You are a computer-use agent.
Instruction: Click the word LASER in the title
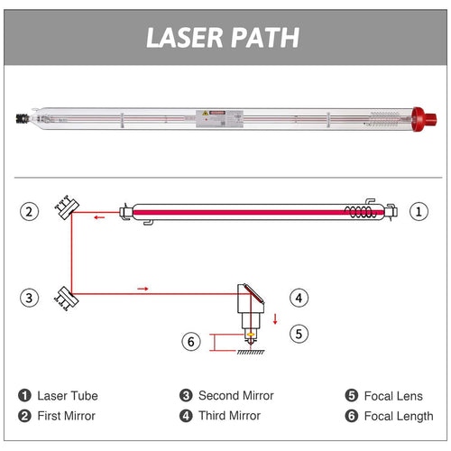tap(181, 37)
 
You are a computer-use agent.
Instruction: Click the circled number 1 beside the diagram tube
tap(418, 212)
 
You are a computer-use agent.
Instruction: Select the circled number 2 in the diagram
tap(31, 212)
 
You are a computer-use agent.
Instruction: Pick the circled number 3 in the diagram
tap(31, 296)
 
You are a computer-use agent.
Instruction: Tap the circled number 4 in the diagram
tap(299, 296)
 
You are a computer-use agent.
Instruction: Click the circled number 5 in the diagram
tap(299, 333)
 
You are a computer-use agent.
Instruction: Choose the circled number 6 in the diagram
tap(190, 342)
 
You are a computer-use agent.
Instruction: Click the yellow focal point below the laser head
tap(250, 334)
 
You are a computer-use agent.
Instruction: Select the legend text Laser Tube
tap(68, 395)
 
